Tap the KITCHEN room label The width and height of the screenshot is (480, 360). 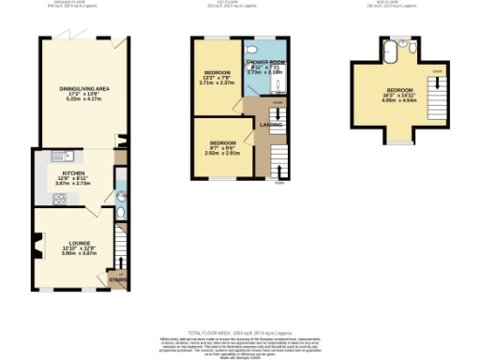pos(74,173)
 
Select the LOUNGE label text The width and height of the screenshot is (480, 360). pos(79,242)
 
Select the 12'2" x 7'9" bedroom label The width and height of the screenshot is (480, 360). pos(217,75)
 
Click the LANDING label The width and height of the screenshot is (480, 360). pos(271,123)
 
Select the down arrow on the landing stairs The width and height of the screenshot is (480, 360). pos(278,112)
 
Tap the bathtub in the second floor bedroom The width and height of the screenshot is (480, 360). pos(400,44)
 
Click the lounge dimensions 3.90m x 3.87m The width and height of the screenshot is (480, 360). pos(79,253)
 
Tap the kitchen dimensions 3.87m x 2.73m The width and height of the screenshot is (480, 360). pos(74,185)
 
